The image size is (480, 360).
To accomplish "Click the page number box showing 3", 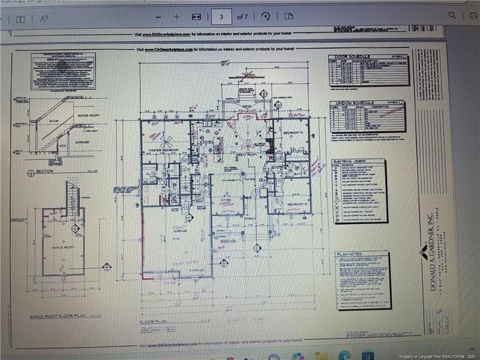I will pos(221,17).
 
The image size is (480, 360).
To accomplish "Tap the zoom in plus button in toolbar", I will pos(177,17).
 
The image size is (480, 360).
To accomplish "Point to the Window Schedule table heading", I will pos(351,103).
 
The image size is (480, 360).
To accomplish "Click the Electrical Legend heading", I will pos(351,162).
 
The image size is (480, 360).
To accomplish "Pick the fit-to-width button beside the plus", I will pos(196,17).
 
